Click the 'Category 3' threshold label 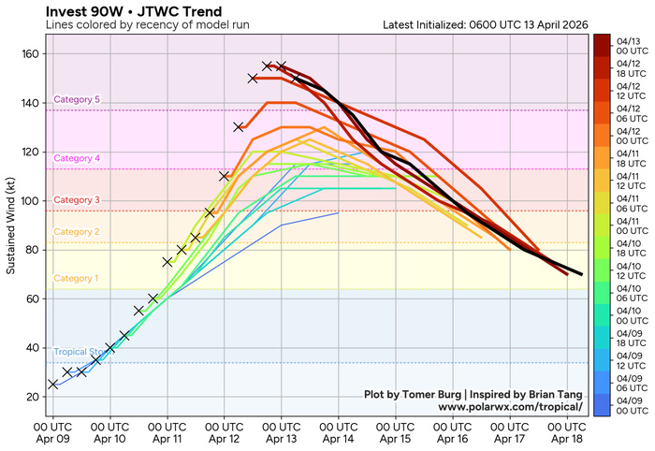point(77,200)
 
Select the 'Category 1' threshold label point(77,278)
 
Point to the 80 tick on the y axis point(31,250)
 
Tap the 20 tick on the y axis point(31,397)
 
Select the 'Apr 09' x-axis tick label point(52,435)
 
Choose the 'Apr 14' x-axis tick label point(339,435)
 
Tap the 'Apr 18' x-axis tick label point(567,435)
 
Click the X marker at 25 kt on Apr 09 point(53,385)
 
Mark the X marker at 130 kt point(239,127)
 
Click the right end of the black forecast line point(581,274)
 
